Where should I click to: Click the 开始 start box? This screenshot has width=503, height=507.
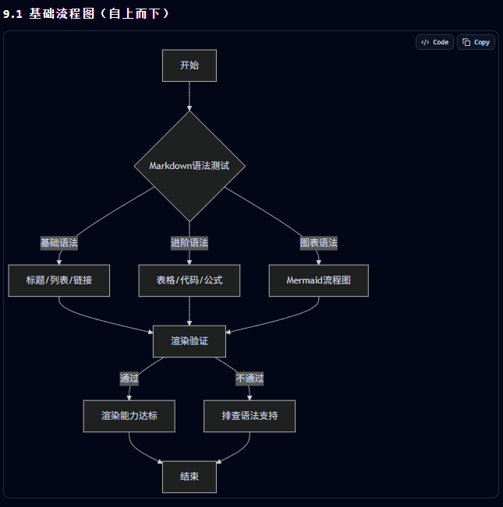[x=190, y=65]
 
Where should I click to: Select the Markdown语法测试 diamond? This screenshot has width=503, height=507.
[x=190, y=166]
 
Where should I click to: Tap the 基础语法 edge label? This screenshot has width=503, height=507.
[x=59, y=243]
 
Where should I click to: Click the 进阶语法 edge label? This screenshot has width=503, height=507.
[x=190, y=243]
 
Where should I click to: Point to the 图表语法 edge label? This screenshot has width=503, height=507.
[x=318, y=243]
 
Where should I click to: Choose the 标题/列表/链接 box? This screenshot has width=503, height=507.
[x=59, y=280]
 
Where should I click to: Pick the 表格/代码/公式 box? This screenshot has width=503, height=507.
[x=190, y=280]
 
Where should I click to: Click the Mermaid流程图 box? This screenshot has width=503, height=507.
[x=318, y=280]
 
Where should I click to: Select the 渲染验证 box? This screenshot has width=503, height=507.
[x=190, y=341]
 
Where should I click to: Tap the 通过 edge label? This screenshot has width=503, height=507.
[x=129, y=378]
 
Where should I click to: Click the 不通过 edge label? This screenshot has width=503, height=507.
[x=250, y=378]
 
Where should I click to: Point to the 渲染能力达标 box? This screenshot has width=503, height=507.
[x=129, y=416]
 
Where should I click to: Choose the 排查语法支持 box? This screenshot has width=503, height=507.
[x=250, y=416]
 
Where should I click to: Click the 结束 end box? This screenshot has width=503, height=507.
[x=190, y=477]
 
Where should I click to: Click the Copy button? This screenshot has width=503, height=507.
[x=476, y=42]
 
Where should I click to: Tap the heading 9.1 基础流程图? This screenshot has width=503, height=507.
[x=49, y=14]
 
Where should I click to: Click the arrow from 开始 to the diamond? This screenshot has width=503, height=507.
[x=190, y=97]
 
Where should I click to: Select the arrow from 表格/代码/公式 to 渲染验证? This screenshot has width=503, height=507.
[x=190, y=311]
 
